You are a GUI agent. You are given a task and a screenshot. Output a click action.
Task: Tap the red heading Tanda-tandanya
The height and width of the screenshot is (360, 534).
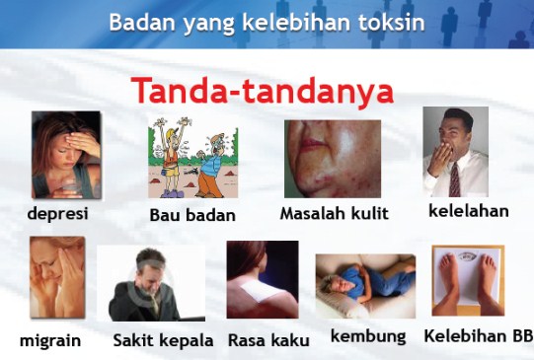(263, 91)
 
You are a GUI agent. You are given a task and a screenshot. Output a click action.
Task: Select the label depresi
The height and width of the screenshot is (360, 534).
(57, 213)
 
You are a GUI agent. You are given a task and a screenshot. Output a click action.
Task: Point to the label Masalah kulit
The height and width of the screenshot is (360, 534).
(334, 213)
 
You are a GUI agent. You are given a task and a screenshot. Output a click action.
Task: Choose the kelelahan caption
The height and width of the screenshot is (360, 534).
(468, 210)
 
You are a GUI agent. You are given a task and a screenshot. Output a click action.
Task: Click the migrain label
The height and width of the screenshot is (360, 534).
(50, 341)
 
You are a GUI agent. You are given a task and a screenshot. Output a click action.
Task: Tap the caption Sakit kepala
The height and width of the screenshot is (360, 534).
(163, 341)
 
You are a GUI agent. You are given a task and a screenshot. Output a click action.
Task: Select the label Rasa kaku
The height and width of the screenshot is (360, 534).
(268, 341)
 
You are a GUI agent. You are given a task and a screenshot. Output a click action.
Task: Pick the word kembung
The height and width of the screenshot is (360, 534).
(368, 336)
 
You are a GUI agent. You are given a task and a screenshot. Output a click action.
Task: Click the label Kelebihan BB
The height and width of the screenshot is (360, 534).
(478, 336)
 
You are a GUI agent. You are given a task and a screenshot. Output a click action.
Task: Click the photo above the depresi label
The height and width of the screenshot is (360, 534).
(66, 155)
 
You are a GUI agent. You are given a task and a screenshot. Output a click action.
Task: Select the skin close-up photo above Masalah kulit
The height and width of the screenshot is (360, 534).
(333, 158)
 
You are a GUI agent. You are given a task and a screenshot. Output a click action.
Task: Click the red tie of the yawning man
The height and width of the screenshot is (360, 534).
(454, 179)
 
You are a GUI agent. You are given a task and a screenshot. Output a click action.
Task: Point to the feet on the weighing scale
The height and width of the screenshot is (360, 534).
(467, 279)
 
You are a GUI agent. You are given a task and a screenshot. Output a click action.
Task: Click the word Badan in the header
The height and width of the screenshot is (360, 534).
(139, 22)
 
